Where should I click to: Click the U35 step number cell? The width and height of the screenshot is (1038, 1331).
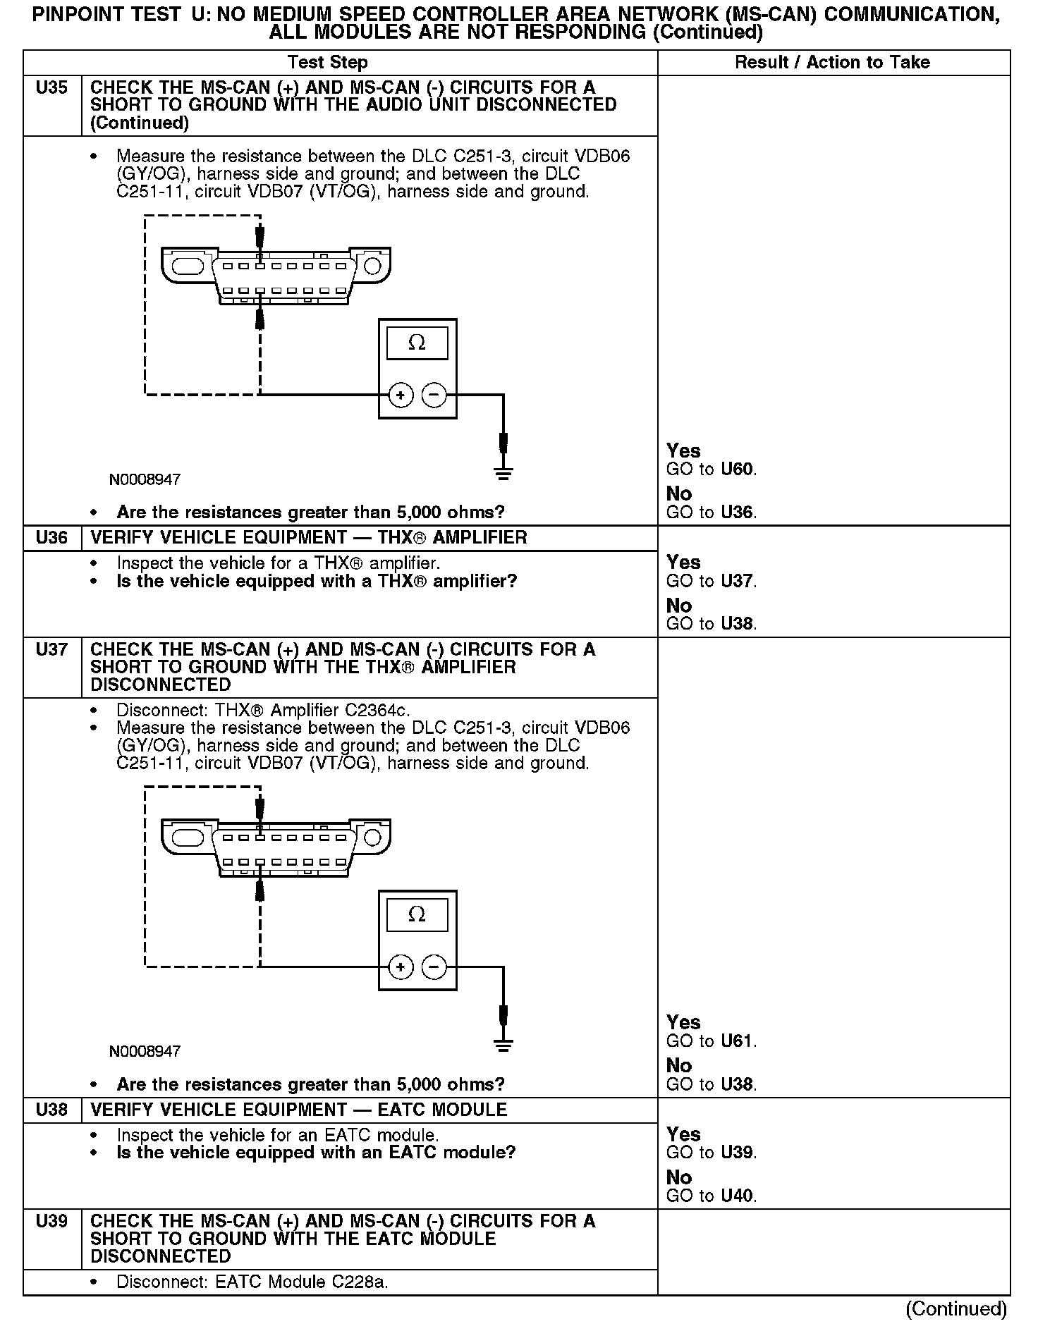(x=51, y=88)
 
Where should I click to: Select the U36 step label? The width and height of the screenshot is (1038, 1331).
(x=51, y=538)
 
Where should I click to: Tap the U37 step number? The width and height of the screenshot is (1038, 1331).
(x=51, y=649)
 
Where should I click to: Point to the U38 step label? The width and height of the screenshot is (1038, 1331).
(x=51, y=1110)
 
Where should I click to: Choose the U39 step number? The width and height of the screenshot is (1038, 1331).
(x=51, y=1221)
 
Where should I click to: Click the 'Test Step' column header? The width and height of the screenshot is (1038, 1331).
(x=328, y=63)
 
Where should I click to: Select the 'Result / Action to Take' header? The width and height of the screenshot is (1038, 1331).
(x=832, y=63)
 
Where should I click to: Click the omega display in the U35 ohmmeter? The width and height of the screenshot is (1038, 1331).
(x=417, y=343)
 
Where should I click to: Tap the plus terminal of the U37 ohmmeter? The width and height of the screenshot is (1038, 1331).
(x=401, y=967)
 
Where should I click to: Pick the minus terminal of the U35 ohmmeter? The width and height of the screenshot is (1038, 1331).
(x=434, y=395)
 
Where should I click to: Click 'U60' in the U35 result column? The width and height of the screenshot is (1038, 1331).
(x=738, y=470)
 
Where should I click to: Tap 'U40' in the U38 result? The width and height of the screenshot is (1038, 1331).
(x=738, y=1196)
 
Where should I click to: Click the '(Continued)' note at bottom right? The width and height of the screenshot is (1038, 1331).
(x=956, y=1309)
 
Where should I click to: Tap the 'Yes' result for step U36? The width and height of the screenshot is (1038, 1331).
(x=683, y=563)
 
